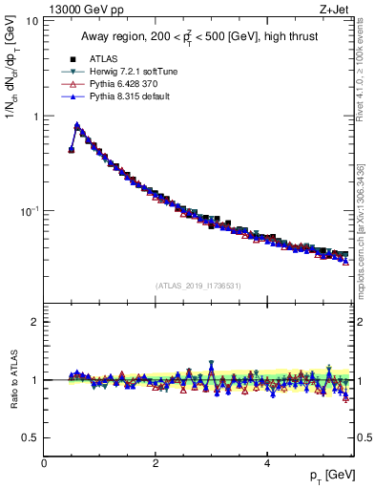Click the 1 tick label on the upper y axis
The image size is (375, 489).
click(x=34, y=116)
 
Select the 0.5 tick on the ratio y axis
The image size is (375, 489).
click(x=31, y=437)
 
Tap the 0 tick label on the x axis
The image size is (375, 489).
click(x=44, y=461)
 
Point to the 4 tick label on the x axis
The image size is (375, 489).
click(x=266, y=461)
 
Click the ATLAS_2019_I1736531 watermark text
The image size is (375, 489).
click(x=198, y=286)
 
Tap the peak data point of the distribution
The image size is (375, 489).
click(x=76, y=125)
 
